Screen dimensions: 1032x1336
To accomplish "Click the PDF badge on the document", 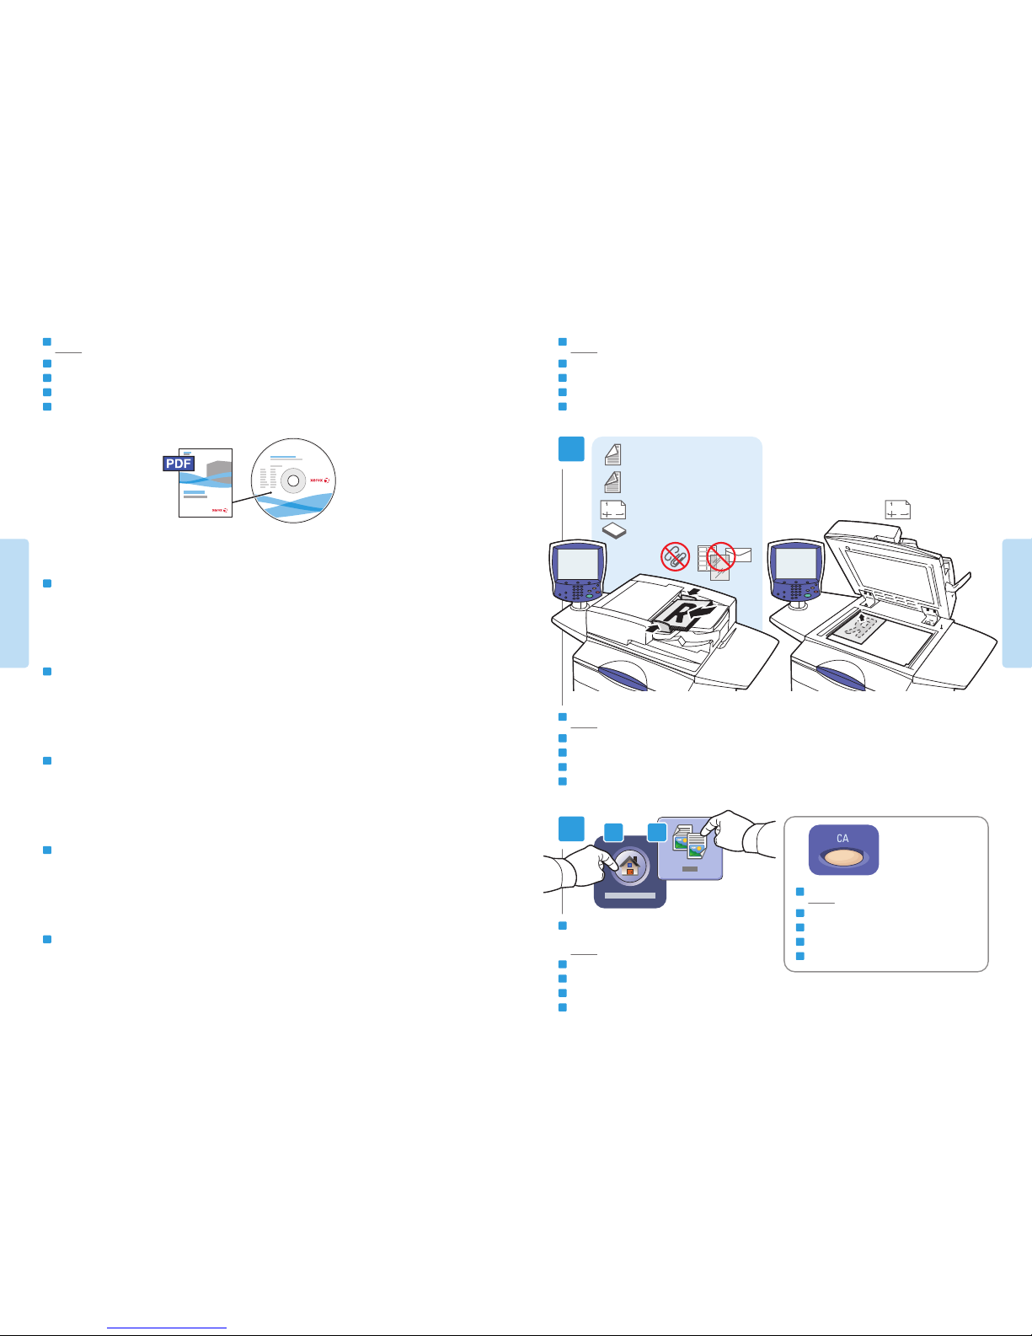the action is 178,464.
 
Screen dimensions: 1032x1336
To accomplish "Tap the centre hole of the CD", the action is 294,480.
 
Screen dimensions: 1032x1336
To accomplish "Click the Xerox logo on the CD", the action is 319,480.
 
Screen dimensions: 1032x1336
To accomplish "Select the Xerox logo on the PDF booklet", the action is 220,510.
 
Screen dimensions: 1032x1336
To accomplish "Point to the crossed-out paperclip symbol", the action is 675,556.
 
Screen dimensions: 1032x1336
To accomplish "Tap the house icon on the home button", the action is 629,867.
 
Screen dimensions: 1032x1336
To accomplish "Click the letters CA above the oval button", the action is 842,839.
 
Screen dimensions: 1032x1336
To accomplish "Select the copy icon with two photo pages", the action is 690,842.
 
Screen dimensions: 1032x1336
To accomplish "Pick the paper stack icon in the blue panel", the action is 613,530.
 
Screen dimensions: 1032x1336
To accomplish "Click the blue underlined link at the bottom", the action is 167,1328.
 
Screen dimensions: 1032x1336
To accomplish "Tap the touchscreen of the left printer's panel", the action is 577,563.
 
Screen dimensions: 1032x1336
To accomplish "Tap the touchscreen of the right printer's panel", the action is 795,563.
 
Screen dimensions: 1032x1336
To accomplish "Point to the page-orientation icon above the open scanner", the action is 897,510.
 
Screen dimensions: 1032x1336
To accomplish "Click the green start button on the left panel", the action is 589,596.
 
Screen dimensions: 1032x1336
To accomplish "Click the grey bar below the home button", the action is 629,896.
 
